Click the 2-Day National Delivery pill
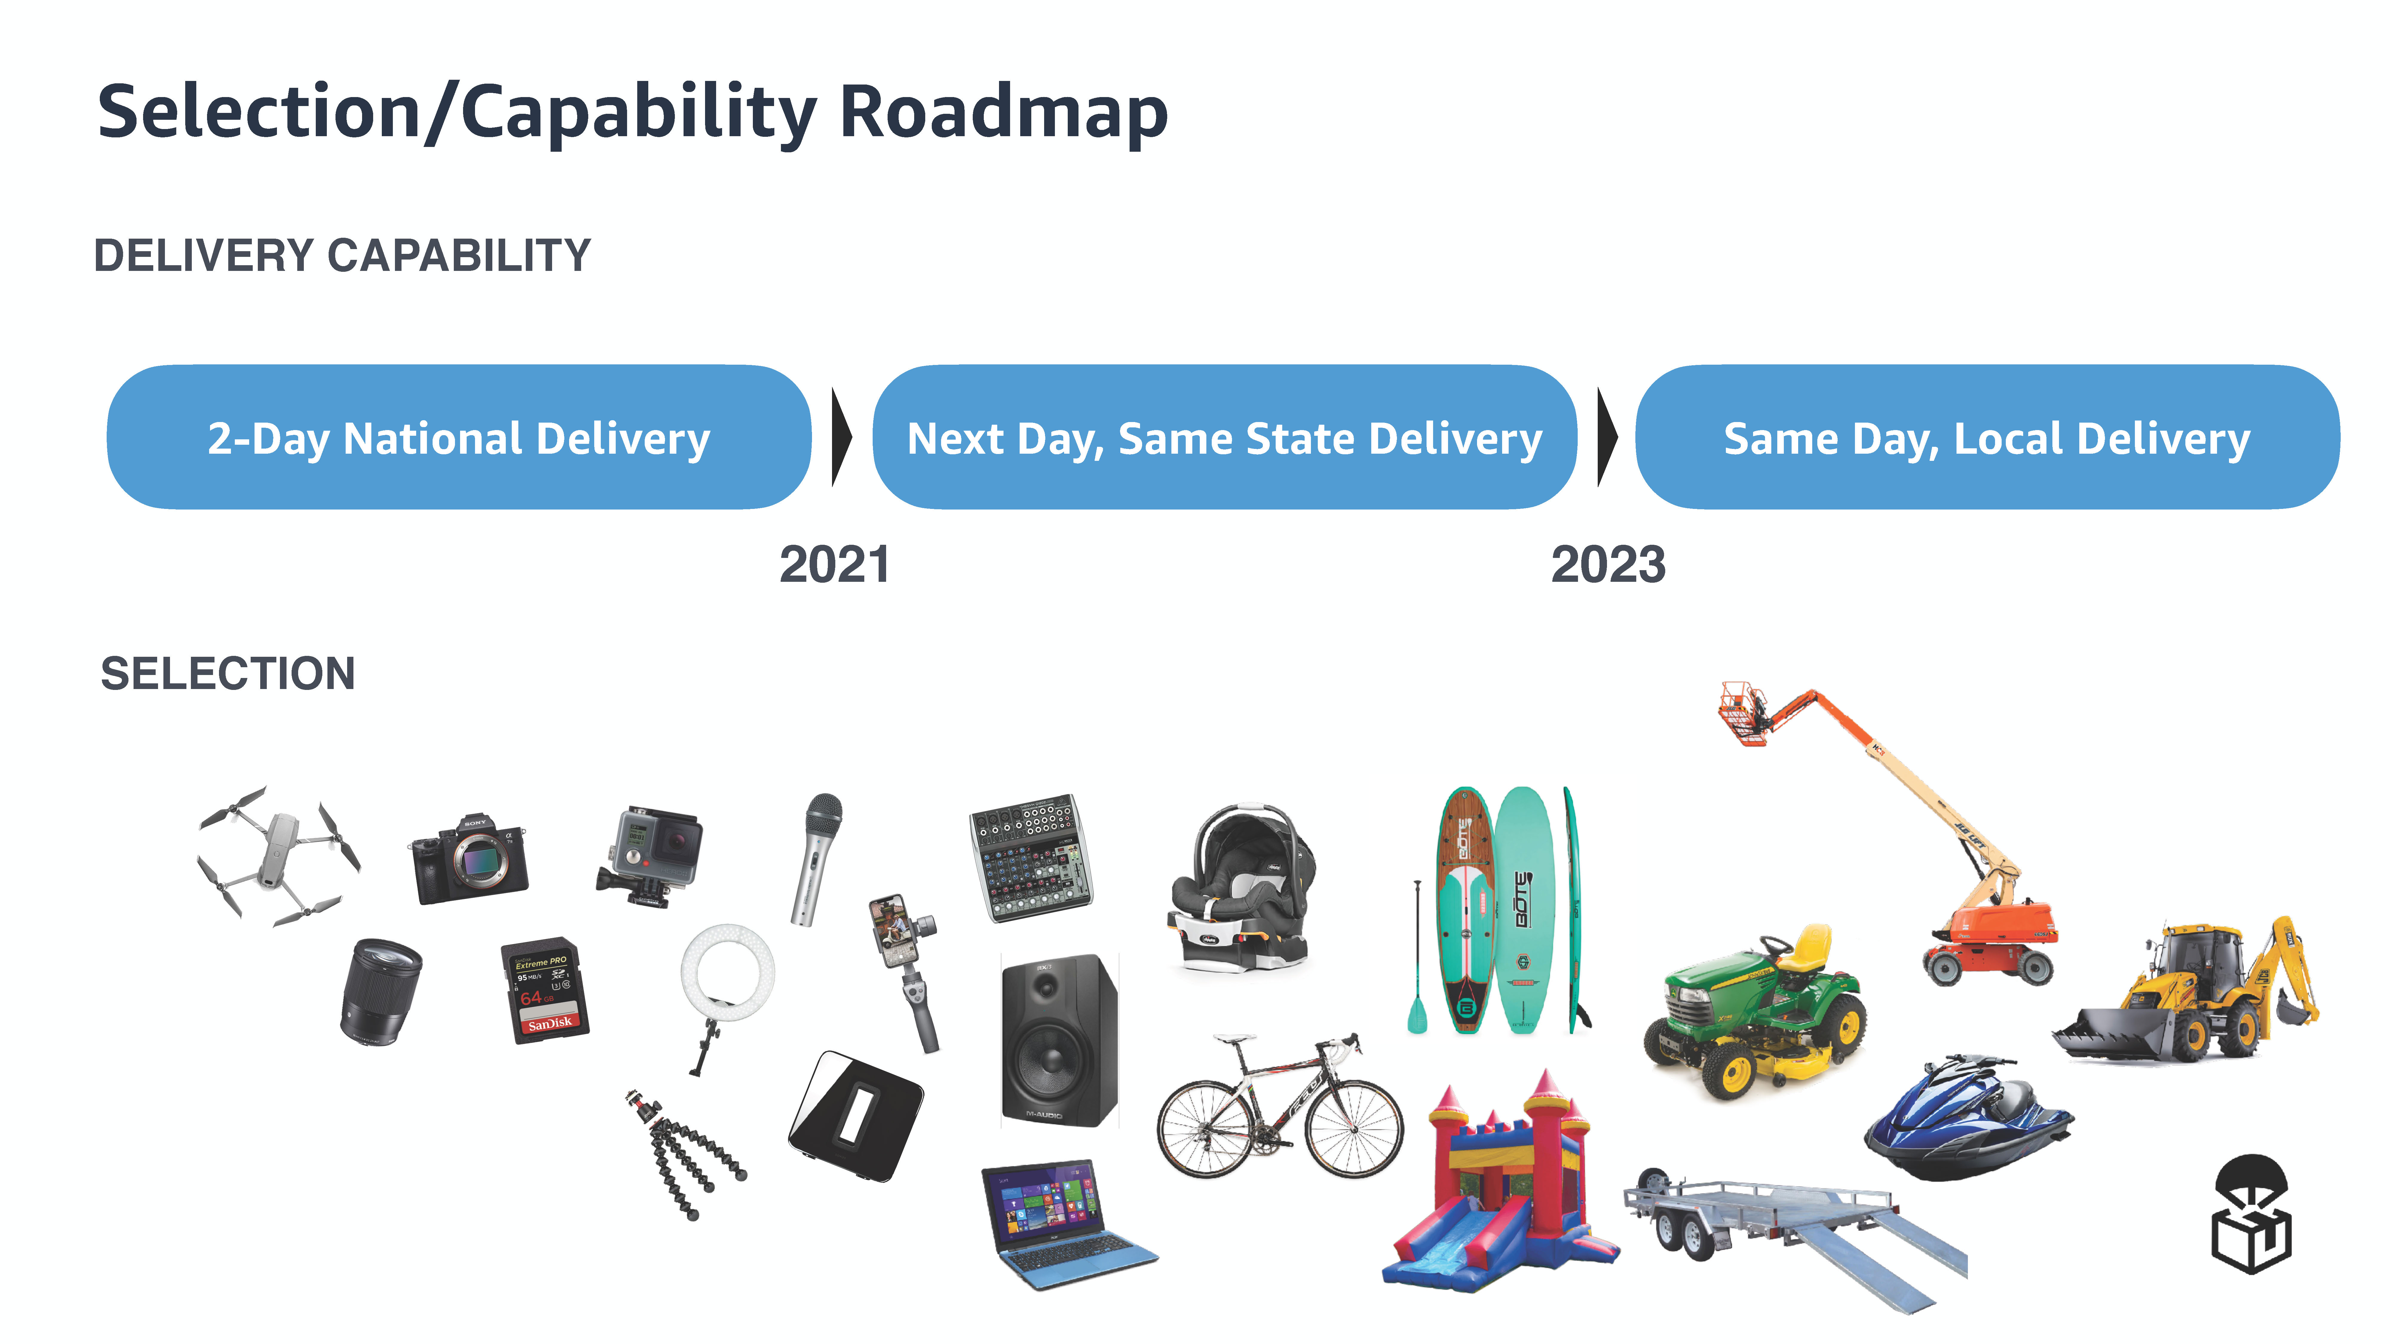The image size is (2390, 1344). (459, 437)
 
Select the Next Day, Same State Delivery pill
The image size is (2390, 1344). (1225, 437)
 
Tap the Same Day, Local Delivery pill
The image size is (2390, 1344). (1987, 437)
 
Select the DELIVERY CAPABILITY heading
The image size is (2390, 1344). (342, 255)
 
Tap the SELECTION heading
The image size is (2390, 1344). (227, 673)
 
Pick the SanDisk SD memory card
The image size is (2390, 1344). (545, 991)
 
